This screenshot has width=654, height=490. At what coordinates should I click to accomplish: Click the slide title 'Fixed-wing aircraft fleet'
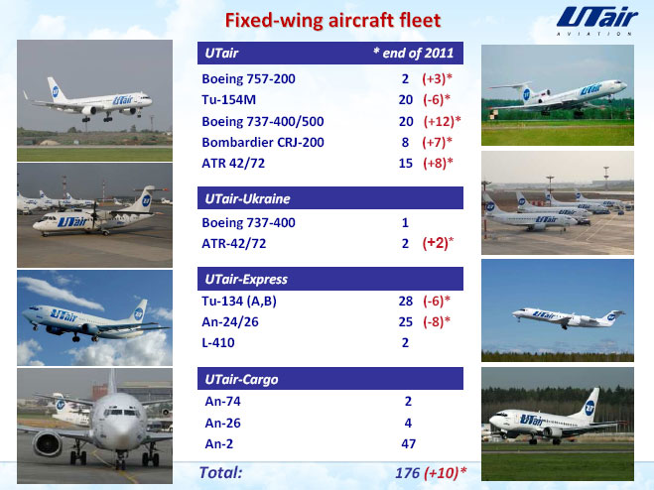pyautogui.click(x=332, y=20)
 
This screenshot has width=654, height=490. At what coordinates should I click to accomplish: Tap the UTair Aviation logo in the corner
pyautogui.click(x=596, y=21)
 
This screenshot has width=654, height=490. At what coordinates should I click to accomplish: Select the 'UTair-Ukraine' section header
pyautogui.click(x=247, y=198)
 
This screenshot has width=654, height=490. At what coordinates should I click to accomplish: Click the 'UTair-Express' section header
pyautogui.click(x=246, y=279)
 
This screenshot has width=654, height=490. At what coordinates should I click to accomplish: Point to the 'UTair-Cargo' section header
pyautogui.click(x=241, y=380)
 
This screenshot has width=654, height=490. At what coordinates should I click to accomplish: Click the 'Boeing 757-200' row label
pyautogui.click(x=248, y=78)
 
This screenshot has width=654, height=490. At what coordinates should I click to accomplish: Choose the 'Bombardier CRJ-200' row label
pyautogui.click(x=263, y=142)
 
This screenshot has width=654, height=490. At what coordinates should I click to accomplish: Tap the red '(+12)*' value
pyautogui.click(x=442, y=121)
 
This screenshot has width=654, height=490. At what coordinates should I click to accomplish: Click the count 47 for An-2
pyautogui.click(x=408, y=443)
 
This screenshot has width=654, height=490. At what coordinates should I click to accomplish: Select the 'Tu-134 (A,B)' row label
pyautogui.click(x=239, y=302)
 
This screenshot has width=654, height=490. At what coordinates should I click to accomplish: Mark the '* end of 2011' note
pyautogui.click(x=413, y=53)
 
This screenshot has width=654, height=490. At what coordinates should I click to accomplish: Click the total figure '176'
pyautogui.click(x=407, y=473)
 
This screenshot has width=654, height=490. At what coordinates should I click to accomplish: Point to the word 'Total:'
pyautogui.click(x=220, y=472)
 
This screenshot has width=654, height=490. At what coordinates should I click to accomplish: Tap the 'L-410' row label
pyautogui.click(x=218, y=343)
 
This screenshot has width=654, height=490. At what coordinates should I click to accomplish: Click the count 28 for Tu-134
pyautogui.click(x=406, y=302)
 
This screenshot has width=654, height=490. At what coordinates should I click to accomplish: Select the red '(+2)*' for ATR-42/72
pyautogui.click(x=438, y=243)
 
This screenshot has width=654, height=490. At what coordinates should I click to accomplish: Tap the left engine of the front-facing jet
pyautogui.click(x=47, y=443)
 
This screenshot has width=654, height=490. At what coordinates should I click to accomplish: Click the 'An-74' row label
pyautogui.click(x=222, y=401)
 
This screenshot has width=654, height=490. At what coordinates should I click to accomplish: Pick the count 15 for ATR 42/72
pyautogui.click(x=406, y=163)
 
